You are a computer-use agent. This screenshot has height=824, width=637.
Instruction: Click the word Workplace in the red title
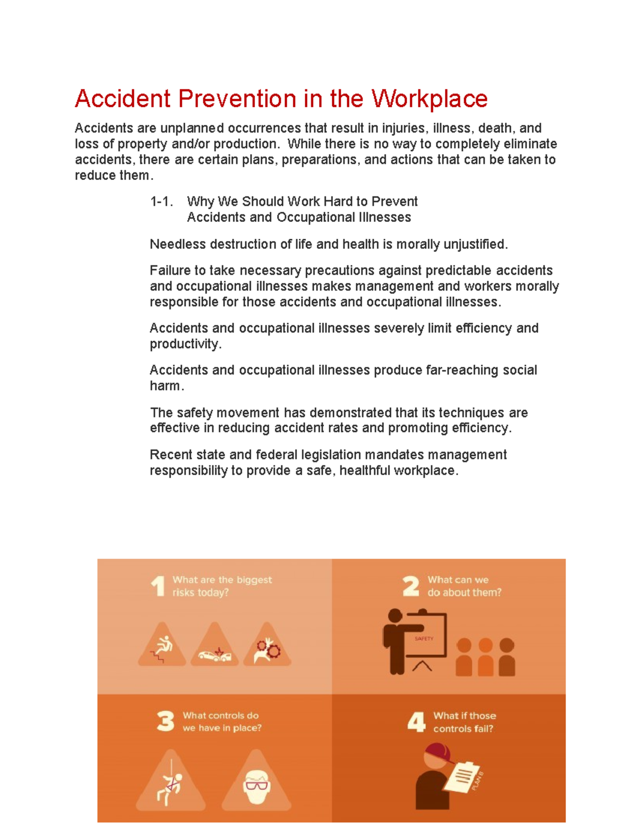[429, 99]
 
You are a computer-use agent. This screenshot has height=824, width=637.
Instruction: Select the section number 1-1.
[161, 202]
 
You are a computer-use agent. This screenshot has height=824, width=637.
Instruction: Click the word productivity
[185, 344]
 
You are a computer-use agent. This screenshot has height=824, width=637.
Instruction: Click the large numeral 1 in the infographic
[158, 586]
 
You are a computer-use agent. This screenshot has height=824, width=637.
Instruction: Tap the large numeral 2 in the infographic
[411, 586]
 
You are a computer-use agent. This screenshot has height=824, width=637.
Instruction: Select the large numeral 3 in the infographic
[166, 722]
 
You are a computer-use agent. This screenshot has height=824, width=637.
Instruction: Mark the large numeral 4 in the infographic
[417, 722]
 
